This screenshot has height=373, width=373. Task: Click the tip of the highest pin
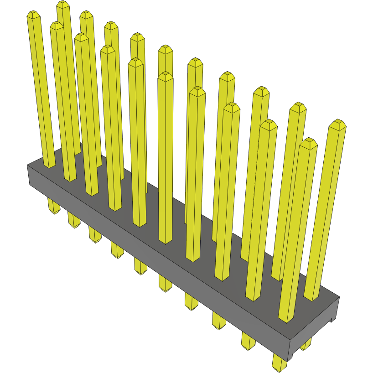[62, 4]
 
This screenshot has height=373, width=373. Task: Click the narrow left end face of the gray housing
[29, 176]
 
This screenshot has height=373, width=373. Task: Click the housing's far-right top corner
[340, 297]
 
